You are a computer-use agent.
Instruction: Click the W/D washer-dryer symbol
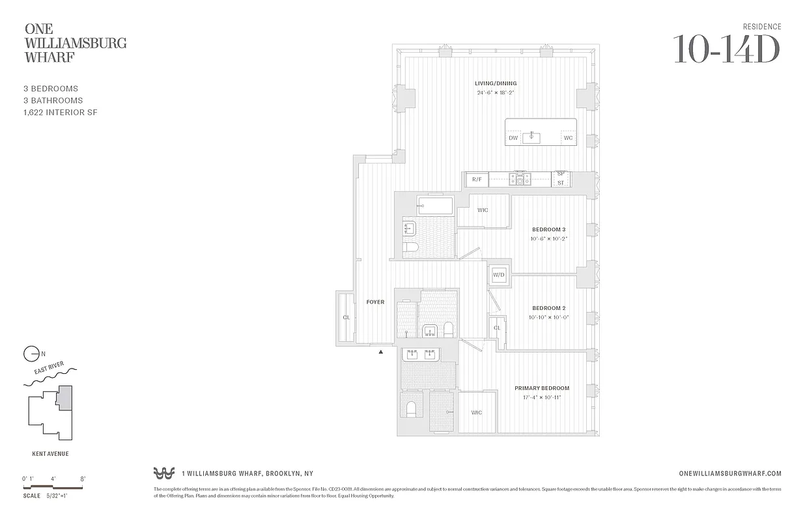(499, 275)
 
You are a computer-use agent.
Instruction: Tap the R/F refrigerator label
(476, 179)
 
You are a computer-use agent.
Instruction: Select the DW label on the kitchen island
(513, 138)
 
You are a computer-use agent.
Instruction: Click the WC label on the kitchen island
(568, 138)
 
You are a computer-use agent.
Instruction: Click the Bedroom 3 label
(548, 229)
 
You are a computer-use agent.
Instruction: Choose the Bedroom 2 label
(548, 308)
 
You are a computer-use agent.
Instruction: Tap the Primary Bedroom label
(542, 388)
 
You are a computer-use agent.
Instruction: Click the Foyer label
(375, 302)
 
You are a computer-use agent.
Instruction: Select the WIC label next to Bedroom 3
(483, 210)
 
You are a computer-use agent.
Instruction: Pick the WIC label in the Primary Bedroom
(477, 412)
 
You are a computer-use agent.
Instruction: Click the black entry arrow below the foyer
(381, 352)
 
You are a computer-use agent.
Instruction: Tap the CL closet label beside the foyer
(346, 318)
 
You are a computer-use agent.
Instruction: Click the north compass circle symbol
(31, 354)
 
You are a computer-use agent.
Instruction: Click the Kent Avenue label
(50, 454)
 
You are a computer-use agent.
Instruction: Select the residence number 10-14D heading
(726, 49)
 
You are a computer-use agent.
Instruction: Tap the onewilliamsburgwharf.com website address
(729, 473)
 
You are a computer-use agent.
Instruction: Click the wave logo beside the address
(163, 473)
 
